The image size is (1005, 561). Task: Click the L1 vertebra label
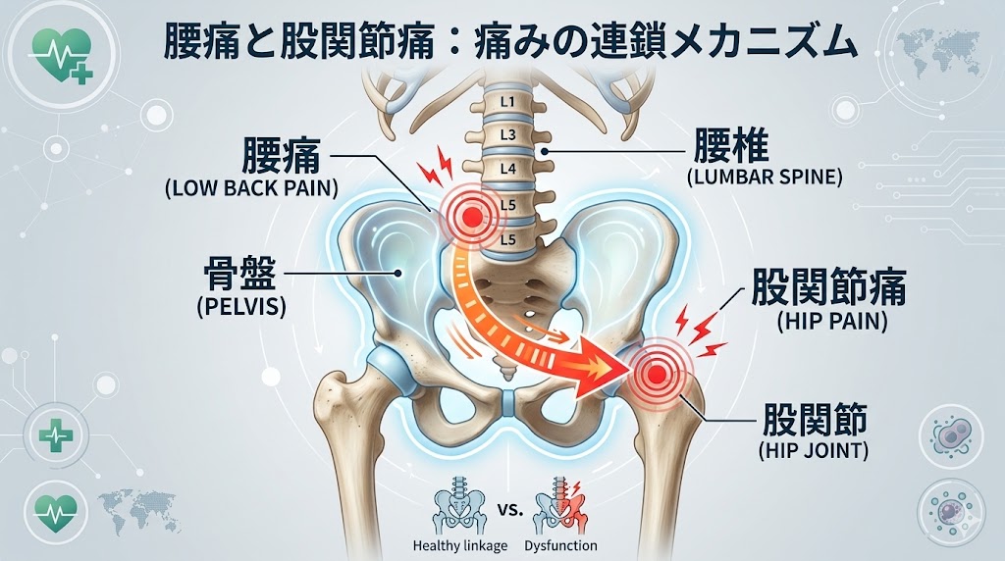pyautogui.click(x=507, y=100)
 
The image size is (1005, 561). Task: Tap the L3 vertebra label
pyautogui.click(x=507, y=133)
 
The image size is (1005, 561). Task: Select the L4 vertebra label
pyautogui.click(x=507, y=169)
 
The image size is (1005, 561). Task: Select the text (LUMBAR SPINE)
pyautogui.click(x=751, y=178)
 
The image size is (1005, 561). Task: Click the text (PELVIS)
pyautogui.click(x=240, y=306)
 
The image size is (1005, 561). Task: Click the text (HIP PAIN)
pyautogui.click(x=818, y=321)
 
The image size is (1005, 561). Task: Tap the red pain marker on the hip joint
pyautogui.click(x=655, y=374)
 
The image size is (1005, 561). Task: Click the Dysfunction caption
pyautogui.click(x=560, y=545)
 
